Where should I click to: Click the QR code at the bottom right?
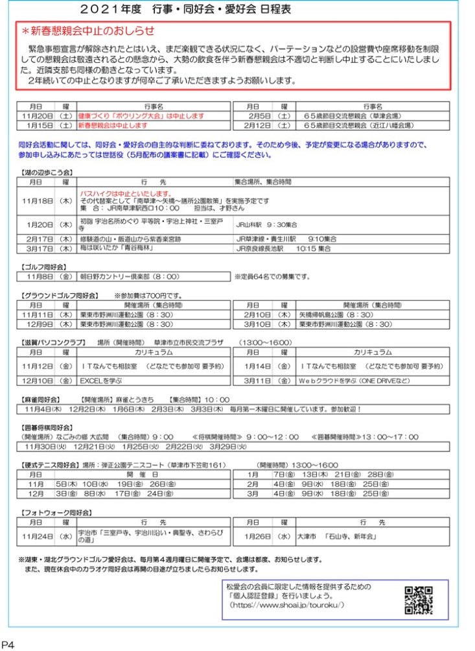point(418,600)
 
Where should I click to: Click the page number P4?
point(8,644)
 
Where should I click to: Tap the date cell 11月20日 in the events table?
point(37,114)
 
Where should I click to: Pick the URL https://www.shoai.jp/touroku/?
point(287,604)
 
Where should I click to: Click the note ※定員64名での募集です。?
point(273,277)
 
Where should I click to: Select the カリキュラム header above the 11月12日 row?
point(153,352)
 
